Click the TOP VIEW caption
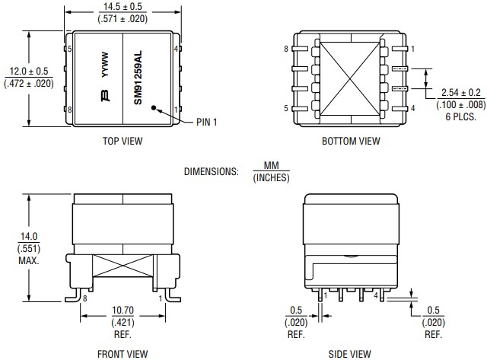(x=123, y=140)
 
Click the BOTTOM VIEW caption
(x=350, y=140)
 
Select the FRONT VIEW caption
(x=123, y=353)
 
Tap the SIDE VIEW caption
(x=350, y=353)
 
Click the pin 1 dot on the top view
(x=154, y=108)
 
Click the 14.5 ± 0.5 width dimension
(x=123, y=7)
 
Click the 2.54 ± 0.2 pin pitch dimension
(x=456, y=93)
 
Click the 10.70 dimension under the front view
(x=123, y=311)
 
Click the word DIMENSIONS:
(x=212, y=172)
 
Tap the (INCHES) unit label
(x=271, y=178)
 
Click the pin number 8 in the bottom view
(x=286, y=49)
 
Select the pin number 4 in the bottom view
(x=412, y=109)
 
